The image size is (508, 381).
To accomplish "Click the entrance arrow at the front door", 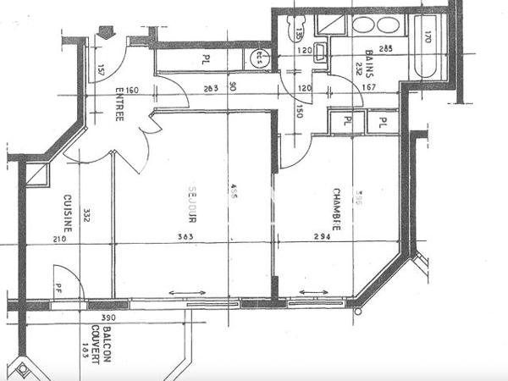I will click(106, 33).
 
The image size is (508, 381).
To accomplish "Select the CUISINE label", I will click(67, 215).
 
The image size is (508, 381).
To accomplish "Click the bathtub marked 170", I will click(428, 47).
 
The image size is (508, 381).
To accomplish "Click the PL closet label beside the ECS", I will click(206, 59).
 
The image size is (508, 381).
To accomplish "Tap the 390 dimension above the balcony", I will click(108, 317).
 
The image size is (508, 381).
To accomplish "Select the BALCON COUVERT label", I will click(102, 347).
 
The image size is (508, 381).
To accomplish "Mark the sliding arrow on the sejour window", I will click(188, 294).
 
